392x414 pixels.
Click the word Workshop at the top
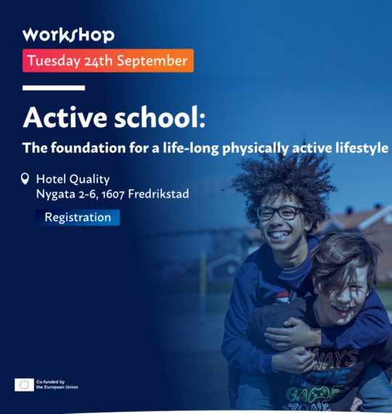click(68, 35)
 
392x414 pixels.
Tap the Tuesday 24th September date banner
click(108, 60)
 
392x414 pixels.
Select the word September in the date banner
click(152, 61)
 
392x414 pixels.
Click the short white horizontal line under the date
click(54, 88)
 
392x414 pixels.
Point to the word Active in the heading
click(65, 117)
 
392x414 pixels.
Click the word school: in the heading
click(160, 117)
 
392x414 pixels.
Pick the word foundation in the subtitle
click(88, 147)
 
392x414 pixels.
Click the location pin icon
click(25, 179)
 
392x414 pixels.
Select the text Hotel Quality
click(73, 179)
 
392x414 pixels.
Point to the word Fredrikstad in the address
click(158, 194)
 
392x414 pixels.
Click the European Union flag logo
click(24, 385)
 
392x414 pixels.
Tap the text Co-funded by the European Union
click(57, 384)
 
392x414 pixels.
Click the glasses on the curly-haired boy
click(279, 213)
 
